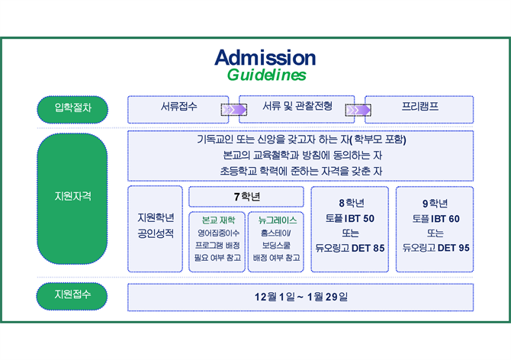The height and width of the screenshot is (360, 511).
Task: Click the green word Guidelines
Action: click(266, 75)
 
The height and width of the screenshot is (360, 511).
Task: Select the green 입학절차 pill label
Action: click(72, 108)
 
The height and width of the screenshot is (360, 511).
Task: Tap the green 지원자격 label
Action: click(72, 196)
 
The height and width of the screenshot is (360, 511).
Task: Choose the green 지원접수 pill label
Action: click(72, 295)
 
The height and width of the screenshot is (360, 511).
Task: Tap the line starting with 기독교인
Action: click(300, 140)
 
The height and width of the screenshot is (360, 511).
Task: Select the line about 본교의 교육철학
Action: click(300, 155)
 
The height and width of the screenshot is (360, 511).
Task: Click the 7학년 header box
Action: click(246, 196)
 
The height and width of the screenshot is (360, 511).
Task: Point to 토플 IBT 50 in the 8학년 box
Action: click(350, 218)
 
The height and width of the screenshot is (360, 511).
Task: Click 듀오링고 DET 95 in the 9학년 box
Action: click(435, 248)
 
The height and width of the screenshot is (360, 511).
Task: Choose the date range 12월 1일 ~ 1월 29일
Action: click(300, 296)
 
